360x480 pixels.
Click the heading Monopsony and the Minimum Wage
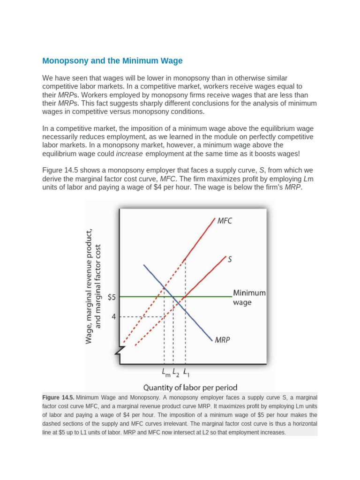[112, 61]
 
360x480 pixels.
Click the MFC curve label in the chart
[224, 221]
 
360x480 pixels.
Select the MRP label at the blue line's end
[222, 340]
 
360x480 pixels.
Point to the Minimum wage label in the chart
[249, 297]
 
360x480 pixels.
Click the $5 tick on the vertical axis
[112, 297]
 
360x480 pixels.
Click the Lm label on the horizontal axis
[165, 373]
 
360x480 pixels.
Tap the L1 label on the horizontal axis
[186, 373]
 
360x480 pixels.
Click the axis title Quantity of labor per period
[190, 387]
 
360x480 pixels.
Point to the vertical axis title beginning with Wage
[94, 286]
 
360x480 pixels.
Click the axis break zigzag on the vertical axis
[121, 349]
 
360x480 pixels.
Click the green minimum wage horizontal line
[211, 297]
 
